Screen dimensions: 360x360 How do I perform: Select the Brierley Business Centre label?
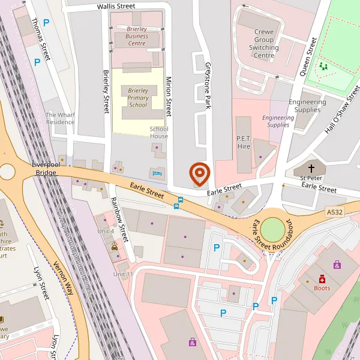coord(137,36)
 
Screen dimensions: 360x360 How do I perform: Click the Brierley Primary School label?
coord(137,98)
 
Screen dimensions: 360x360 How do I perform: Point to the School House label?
coord(159,133)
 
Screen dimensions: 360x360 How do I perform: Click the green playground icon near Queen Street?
coord(324,65)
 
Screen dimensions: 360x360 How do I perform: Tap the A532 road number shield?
coord(335,212)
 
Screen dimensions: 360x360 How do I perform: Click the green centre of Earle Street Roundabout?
coord(274,230)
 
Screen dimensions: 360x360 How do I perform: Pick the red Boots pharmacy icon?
coord(322,279)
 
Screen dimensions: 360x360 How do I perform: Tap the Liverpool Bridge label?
coord(45,169)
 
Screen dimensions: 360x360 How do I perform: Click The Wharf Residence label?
coord(60,118)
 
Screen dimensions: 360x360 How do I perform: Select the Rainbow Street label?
coord(119,220)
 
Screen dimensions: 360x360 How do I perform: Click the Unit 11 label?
coord(122,275)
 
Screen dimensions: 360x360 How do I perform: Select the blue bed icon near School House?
coord(158,173)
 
